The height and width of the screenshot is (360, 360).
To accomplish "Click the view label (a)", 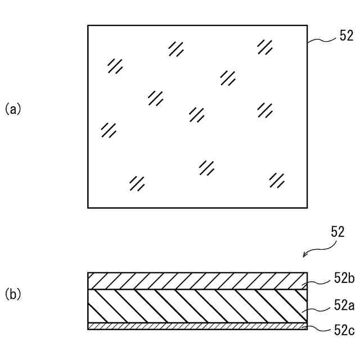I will tap(13, 109).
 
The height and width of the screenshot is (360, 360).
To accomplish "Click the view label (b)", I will tap(13, 294).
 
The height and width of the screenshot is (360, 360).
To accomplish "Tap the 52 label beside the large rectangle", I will tap(346, 37).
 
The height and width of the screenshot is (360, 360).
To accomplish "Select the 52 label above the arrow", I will tap(337, 232).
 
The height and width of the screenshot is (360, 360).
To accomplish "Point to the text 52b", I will tap(343, 278).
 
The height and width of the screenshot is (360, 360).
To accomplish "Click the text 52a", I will tap(343, 305).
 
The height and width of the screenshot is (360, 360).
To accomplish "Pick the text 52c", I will tap(343, 331).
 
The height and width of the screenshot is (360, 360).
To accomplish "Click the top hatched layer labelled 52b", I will tap(197, 281).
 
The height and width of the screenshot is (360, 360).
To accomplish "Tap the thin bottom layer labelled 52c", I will tap(197, 326).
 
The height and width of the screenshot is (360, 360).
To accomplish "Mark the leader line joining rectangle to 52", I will tap(322, 40).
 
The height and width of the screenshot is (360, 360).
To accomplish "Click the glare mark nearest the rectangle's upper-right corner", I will tap(264, 47).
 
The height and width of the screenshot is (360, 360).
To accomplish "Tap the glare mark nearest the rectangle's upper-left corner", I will tap(115, 66).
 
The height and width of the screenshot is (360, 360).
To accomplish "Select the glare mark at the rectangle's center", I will tap(196, 115).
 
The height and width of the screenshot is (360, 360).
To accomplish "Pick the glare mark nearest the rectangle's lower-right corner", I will tap(276, 180).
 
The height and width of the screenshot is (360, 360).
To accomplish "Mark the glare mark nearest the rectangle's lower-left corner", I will tap(137, 183).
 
